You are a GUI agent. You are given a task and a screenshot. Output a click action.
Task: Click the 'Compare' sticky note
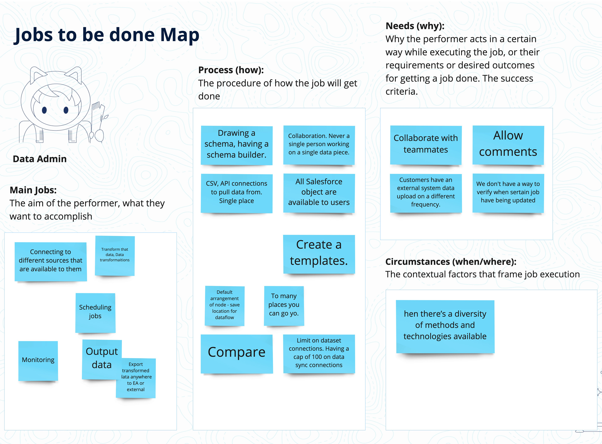[x=237, y=354]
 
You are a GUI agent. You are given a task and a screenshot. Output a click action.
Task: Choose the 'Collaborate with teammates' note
[x=426, y=145]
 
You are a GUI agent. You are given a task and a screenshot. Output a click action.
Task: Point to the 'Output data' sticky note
[x=102, y=359]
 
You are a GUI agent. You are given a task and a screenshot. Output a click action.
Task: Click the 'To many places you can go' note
[x=284, y=306]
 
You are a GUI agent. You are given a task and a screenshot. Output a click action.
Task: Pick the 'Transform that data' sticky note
[x=115, y=256]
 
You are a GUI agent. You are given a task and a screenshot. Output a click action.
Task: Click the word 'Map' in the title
[x=180, y=35]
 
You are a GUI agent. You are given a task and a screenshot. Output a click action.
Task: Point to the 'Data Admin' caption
[x=40, y=159]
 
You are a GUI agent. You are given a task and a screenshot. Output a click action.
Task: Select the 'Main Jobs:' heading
[x=33, y=190]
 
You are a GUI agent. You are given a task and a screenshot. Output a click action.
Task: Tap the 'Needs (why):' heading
[x=415, y=26]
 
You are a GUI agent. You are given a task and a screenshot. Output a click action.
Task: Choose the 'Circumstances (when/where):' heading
[x=451, y=261]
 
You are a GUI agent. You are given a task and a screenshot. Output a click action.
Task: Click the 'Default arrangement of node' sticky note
[x=225, y=306]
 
